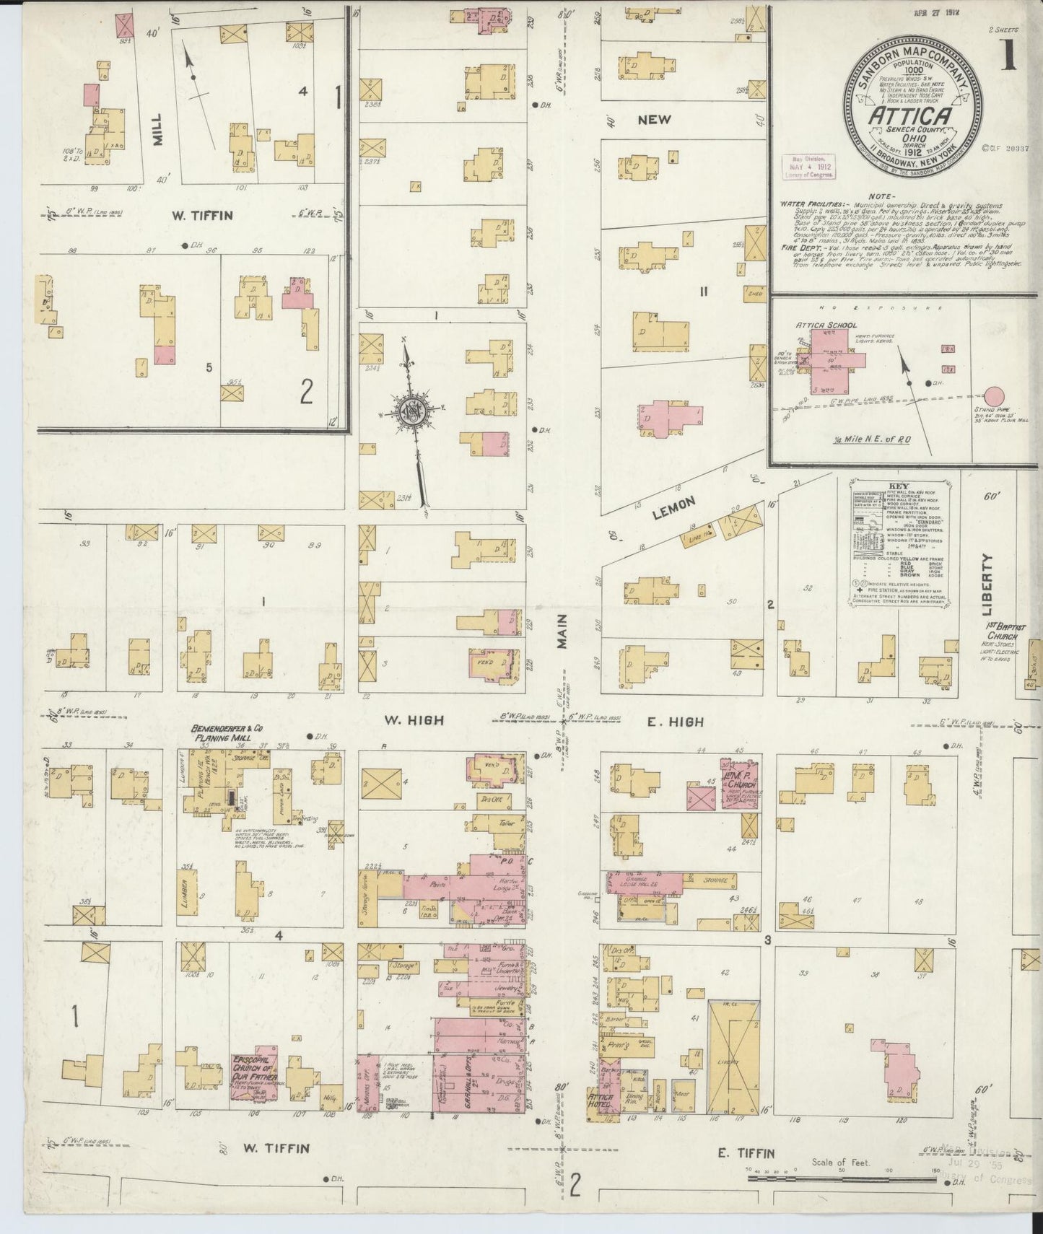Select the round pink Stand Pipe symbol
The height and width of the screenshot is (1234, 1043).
(x=995, y=397)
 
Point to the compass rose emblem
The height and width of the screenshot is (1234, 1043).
(x=409, y=410)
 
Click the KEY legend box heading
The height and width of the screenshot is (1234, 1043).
(x=899, y=486)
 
